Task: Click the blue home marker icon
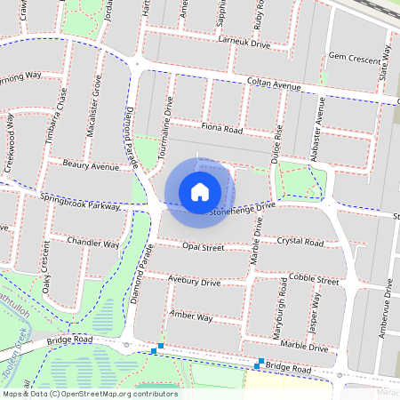pyautogui.click(x=200, y=192)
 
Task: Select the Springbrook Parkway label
pyautogui.click(x=78, y=200)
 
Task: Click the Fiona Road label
pyautogui.click(x=221, y=129)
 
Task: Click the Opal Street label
pyautogui.click(x=202, y=247)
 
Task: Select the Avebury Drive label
pyautogui.click(x=196, y=281)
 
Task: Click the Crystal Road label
pyautogui.click(x=300, y=242)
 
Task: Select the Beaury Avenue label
pyautogui.click(x=91, y=165)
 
